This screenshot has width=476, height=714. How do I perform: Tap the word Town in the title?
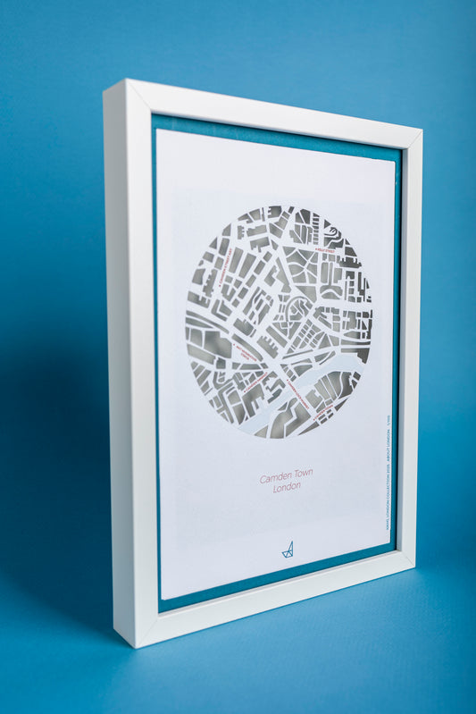pyautogui.click(x=301, y=474)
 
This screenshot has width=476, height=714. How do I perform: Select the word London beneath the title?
pyautogui.click(x=287, y=487)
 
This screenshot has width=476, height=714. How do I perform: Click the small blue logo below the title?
pyautogui.click(x=288, y=550)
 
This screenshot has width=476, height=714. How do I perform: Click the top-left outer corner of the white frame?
pyautogui.click(x=104, y=81)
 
